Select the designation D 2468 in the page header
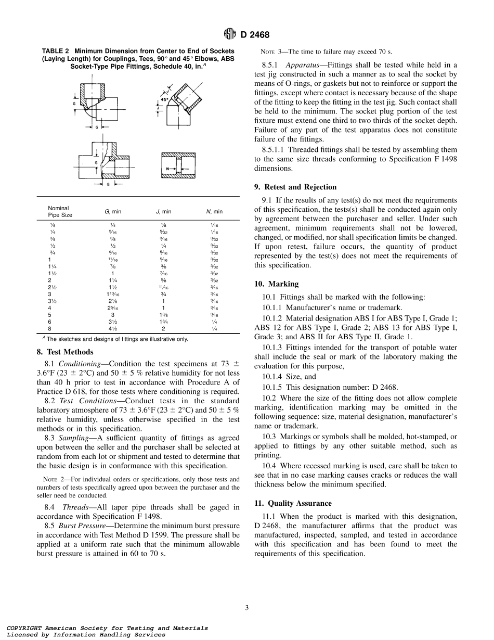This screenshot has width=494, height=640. pyautogui.click(x=255, y=35)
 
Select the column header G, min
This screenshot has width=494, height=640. pyautogui.click(x=112, y=211)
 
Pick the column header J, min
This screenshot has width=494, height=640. pyautogui.click(x=163, y=211)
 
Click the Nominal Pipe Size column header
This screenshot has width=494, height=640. pyautogui.click(x=60, y=211)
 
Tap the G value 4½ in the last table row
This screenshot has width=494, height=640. pyautogui.click(x=112, y=329)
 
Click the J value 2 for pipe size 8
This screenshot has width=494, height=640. pyautogui.click(x=163, y=329)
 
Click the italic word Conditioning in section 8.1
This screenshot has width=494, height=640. pyautogui.click(x=76, y=363)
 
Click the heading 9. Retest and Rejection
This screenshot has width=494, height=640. pyautogui.click(x=295, y=187)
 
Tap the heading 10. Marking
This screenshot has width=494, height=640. pyautogui.click(x=276, y=284)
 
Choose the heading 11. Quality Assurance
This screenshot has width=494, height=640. pyautogui.click(x=293, y=503)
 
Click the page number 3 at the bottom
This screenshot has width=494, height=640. pyautogui.click(x=247, y=607)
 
